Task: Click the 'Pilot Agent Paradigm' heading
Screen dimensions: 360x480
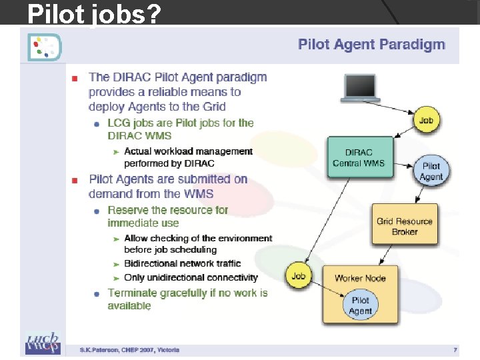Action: pyautogui.click(x=371, y=45)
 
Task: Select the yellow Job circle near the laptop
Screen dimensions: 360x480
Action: pyautogui.click(x=427, y=121)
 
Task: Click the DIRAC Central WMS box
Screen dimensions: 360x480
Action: pyautogui.click(x=359, y=158)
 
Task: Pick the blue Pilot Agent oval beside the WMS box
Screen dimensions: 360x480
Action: pyautogui.click(x=431, y=171)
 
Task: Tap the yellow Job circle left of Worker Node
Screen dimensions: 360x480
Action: pyautogui.click(x=299, y=276)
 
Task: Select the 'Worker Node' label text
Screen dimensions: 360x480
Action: pyautogui.click(x=360, y=278)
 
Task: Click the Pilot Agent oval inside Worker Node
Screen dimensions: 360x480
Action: pyautogui.click(x=360, y=306)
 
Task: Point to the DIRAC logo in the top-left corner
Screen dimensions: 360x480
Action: pyautogui.click(x=44, y=46)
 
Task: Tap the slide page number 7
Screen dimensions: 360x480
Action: pyautogui.click(x=455, y=349)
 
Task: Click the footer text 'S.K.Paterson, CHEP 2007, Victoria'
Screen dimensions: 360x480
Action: pyautogui.click(x=129, y=349)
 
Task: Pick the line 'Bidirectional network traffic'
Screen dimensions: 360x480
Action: pyautogui.click(x=182, y=264)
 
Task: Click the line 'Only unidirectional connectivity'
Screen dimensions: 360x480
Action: pyautogui.click(x=191, y=277)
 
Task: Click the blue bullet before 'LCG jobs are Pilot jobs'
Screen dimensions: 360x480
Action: pyautogui.click(x=97, y=124)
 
